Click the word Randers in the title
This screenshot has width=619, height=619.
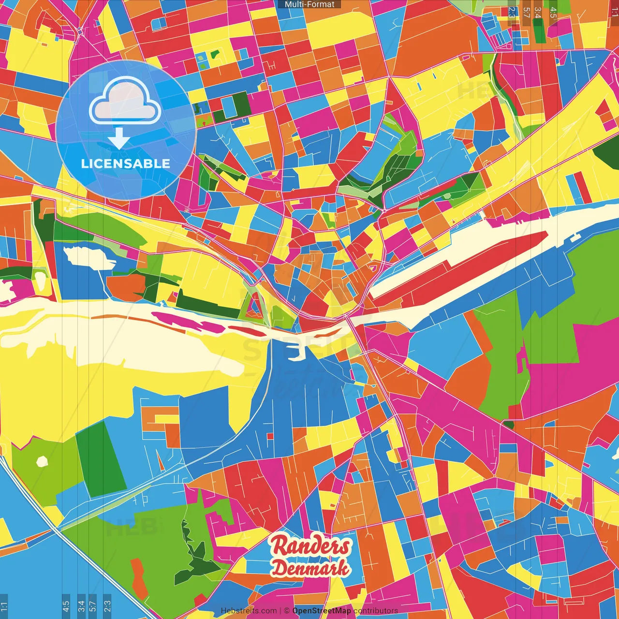[x=310, y=546]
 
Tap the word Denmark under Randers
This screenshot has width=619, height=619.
[x=310, y=568]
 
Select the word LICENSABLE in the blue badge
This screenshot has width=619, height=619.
[x=125, y=163]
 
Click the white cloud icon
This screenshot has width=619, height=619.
[x=125, y=102]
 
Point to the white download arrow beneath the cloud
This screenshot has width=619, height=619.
[x=119, y=138]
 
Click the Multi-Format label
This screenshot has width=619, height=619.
[x=309, y=4]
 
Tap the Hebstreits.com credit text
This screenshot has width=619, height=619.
[x=249, y=611]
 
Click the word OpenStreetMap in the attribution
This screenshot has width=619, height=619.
[x=322, y=611]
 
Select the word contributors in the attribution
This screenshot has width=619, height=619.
[x=376, y=611]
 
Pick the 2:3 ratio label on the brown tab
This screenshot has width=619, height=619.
[x=512, y=13]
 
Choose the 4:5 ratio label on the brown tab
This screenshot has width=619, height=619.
[x=553, y=13]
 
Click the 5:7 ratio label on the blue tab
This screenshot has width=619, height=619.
[x=93, y=605]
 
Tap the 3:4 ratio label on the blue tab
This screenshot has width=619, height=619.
[x=81, y=605]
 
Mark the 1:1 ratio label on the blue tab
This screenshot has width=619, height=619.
[x=4, y=606]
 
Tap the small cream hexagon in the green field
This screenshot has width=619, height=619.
[x=43, y=461]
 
